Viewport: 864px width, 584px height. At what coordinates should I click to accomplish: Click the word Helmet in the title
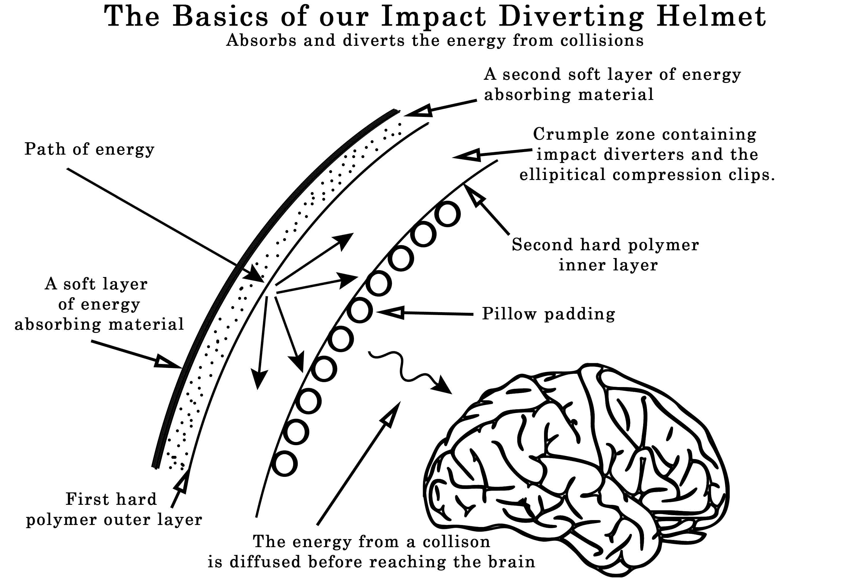(x=711, y=17)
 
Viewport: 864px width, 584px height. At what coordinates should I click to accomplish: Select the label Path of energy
(x=89, y=149)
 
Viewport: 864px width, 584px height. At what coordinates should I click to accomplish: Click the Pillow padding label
(x=548, y=314)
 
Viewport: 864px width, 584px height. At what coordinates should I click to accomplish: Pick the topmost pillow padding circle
(x=447, y=214)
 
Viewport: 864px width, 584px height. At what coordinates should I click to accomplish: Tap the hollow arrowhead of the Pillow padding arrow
(x=390, y=313)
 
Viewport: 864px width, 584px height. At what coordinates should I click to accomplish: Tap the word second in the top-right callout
(x=532, y=74)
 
